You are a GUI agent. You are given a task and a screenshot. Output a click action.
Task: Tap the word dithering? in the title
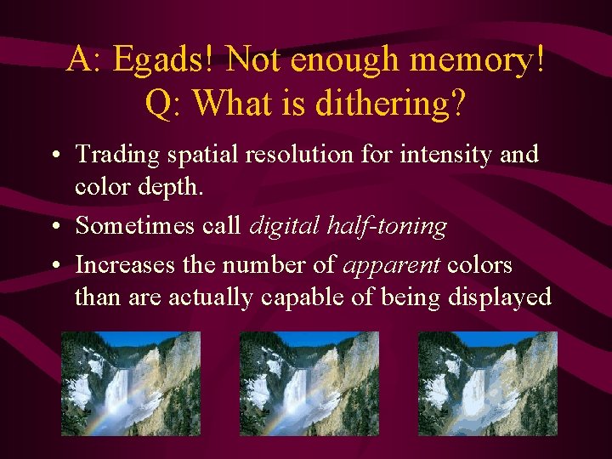[x=390, y=103]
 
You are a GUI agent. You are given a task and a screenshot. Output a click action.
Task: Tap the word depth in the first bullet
[x=175, y=186]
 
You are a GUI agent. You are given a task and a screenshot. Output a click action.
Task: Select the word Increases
[x=122, y=265]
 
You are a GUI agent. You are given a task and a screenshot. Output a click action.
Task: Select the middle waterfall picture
[x=309, y=383]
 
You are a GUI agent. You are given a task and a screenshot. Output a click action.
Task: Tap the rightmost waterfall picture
[x=487, y=383]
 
